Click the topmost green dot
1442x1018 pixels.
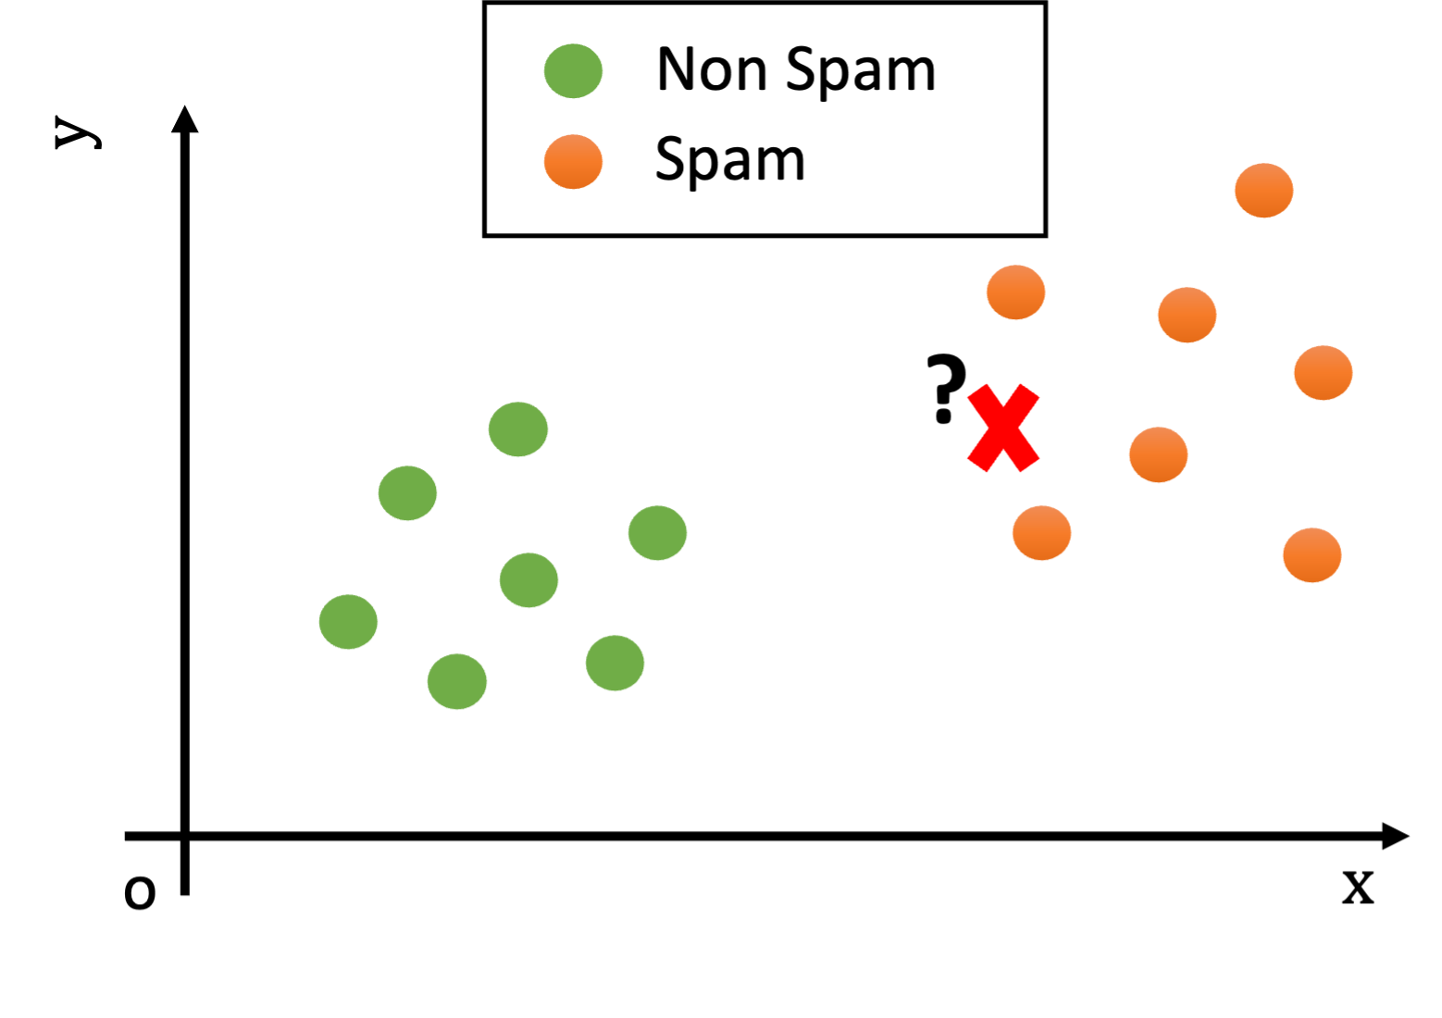pyautogui.click(x=573, y=71)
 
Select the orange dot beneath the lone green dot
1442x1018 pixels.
pyautogui.click(x=573, y=162)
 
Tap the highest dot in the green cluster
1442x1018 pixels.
pyautogui.click(x=518, y=429)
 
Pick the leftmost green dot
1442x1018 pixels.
pyautogui.click(x=349, y=622)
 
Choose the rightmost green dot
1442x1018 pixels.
pyautogui.click(x=657, y=533)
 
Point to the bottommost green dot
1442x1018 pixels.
pyautogui.click(x=457, y=682)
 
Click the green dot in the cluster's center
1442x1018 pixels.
pyautogui.click(x=528, y=580)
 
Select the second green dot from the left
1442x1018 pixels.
pyautogui.click(x=407, y=493)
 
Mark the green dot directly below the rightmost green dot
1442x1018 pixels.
pyautogui.click(x=615, y=663)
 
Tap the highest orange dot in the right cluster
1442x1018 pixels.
pyautogui.click(x=1263, y=191)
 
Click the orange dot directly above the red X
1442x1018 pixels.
pyautogui.click(x=1015, y=292)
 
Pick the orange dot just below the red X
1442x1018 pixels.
pyautogui.click(x=1041, y=533)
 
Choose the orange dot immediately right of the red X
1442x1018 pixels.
pyautogui.click(x=1158, y=454)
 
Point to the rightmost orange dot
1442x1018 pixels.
pyautogui.click(x=1323, y=373)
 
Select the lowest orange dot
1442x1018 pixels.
pyautogui.click(x=1311, y=555)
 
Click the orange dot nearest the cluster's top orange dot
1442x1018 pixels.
pyautogui.click(x=1187, y=315)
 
